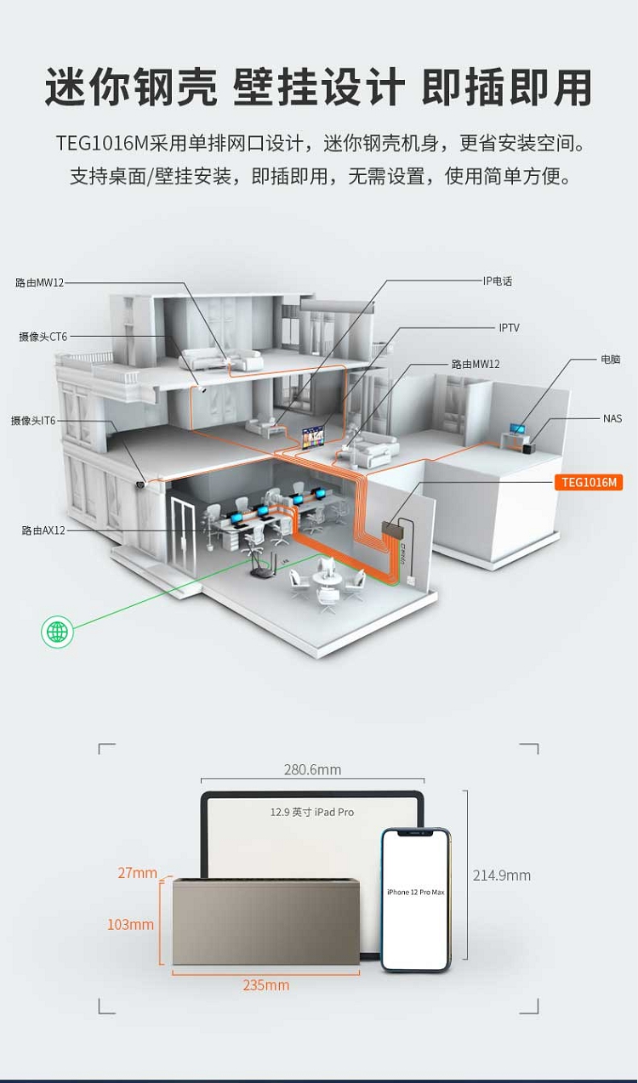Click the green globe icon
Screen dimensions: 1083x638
(x=57, y=632)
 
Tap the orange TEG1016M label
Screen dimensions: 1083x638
(x=589, y=483)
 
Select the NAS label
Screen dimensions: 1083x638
(x=612, y=419)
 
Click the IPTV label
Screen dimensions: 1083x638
(x=509, y=328)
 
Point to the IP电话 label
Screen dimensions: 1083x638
(x=498, y=281)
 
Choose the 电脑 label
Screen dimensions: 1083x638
(x=611, y=360)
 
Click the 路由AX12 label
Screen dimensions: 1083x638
(x=43, y=530)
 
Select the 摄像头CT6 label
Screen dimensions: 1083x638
(x=43, y=337)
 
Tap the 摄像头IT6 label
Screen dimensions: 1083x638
(x=33, y=421)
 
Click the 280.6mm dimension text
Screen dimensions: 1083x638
(x=312, y=770)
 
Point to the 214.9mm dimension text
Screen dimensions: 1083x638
(x=502, y=876)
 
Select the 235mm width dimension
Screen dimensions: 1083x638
(x=266, y=985)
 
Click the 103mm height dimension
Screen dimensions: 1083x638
(x=130, y=925)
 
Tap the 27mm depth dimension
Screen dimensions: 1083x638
(x=137, y=873)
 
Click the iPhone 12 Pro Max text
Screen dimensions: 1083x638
(x=415, y=892)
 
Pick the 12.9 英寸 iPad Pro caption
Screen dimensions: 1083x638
(x=312, y=813)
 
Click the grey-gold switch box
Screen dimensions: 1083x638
(x=266, y=923)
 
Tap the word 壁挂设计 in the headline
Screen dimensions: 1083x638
(x=319, y=88)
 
